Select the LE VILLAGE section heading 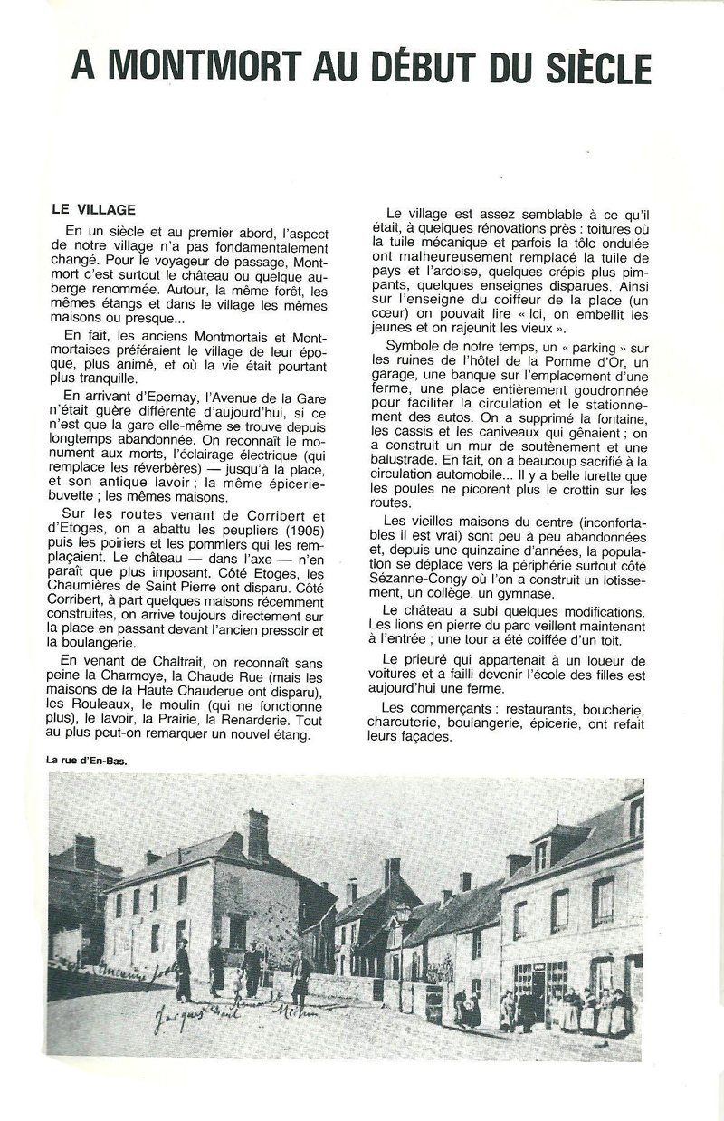point(94,209)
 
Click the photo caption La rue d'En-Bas point(87,761)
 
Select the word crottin point(584,490)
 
